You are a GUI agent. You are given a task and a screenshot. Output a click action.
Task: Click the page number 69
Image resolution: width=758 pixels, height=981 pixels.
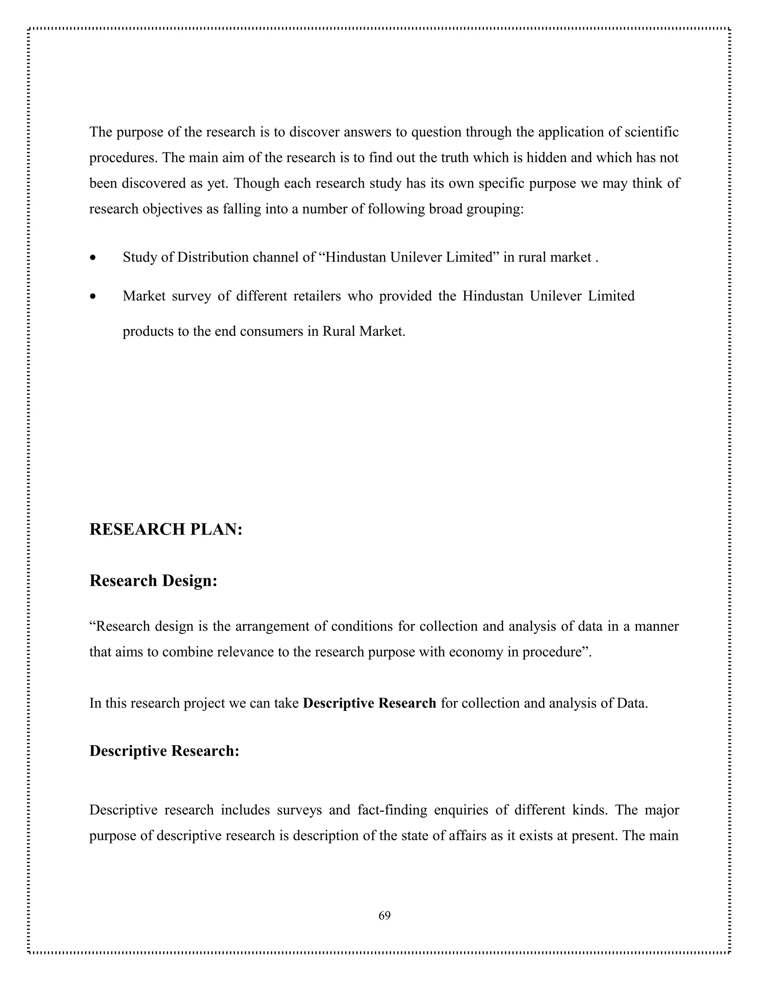point(385,916)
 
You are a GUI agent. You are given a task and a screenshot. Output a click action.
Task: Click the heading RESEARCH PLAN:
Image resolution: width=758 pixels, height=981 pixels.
point(166,530)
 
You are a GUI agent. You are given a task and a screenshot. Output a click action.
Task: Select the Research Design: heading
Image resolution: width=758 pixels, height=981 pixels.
point(153,581)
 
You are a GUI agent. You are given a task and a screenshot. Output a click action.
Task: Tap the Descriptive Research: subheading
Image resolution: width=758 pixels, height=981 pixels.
point(164,751)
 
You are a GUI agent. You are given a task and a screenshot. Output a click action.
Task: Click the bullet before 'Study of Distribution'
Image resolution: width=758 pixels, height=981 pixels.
point(93,258)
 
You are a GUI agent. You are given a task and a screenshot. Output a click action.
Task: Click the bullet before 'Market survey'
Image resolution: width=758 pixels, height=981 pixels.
point(93,297)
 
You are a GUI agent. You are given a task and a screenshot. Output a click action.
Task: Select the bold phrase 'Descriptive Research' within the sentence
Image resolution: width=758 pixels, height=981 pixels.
point(369,703)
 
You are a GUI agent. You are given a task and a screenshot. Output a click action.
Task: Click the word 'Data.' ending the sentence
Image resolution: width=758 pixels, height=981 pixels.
point(632,703)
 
